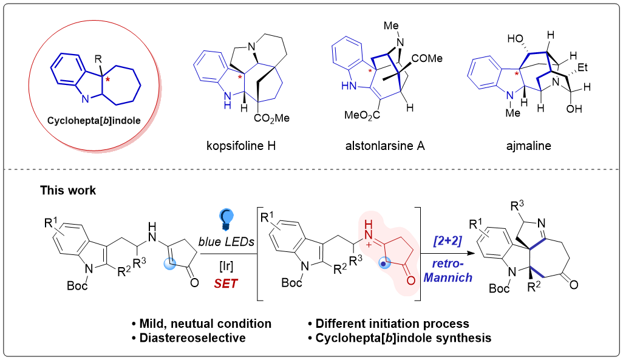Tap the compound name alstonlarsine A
click(382, 146)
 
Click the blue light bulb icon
click(226, 217)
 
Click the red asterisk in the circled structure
click(108, 80)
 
